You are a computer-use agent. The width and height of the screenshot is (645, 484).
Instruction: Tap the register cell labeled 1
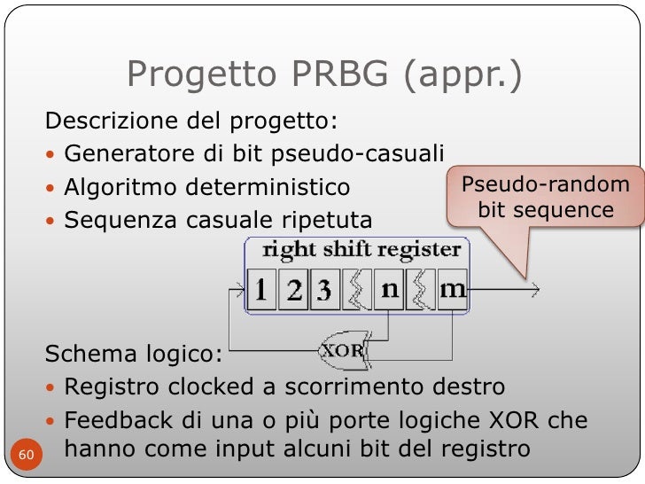pyautogui.click(x=261, y=290)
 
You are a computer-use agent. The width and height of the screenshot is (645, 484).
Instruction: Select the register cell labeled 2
pyautogui.click(x=292, y=290)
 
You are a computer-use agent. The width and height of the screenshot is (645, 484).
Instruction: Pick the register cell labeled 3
pyautogui.click(x=322, y=290)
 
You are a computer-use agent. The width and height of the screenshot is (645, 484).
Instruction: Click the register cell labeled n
pyautogui.click(x=390, y=290)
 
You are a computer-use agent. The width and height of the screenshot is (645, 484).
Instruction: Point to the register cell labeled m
pyautogui.click(x=452, y=290)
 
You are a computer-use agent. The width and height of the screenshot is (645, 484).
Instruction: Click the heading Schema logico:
pyautogui.click(x=134, y=355)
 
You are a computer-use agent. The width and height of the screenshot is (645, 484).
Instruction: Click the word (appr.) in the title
pyautogui.click(x=464, y=76)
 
